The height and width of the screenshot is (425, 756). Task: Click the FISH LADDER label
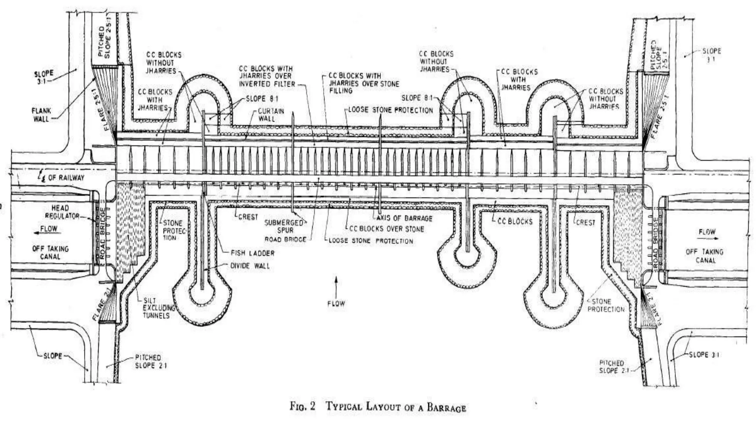click(252, 253)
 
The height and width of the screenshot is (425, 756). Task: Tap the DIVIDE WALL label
click(250, 266)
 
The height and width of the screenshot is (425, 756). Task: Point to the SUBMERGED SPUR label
click(284, 226)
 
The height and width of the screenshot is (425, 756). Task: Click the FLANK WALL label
click(41, 114)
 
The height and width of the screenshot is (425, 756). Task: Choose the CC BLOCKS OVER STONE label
click(386, 229)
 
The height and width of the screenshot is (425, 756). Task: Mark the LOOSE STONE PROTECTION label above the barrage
click(391, 110)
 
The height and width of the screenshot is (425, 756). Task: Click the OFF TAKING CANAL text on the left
click(50, 252)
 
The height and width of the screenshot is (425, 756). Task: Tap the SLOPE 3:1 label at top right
click(711, 55)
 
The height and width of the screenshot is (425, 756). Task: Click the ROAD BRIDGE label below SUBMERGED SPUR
click(285, 239)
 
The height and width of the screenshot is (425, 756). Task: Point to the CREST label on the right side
click(585, 223)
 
